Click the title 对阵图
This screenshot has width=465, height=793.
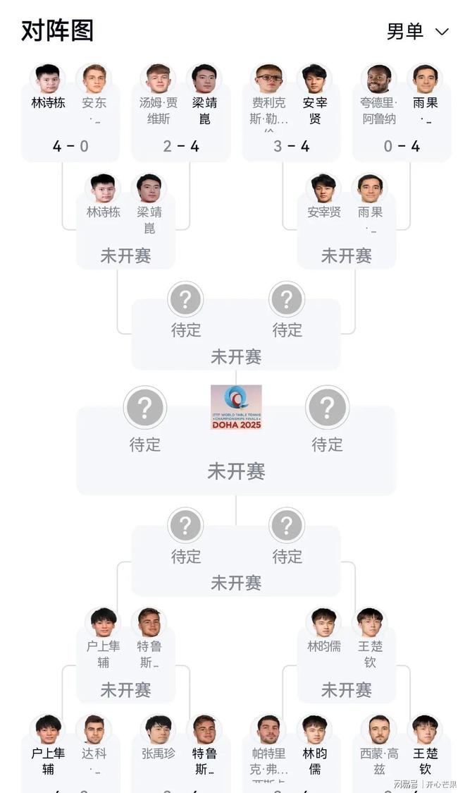(x=57, y=31)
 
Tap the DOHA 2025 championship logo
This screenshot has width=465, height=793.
(x=236, y=407)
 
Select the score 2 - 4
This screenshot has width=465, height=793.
(x=180, y=147)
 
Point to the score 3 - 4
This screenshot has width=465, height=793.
(x=291, y=147)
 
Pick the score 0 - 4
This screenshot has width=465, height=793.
(x=401, y=147)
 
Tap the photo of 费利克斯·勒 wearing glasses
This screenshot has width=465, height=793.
(x=268, y=79)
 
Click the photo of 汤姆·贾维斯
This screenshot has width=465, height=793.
(x=157, y=79)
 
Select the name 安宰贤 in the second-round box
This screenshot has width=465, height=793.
(x=324, y=212)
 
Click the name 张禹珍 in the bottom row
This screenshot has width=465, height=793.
(x=159, y=753)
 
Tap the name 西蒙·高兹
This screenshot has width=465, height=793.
(x=379, y=761)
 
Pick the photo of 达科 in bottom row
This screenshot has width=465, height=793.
(x=94, y=730)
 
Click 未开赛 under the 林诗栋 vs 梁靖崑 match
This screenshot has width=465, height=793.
(x=125, y=255)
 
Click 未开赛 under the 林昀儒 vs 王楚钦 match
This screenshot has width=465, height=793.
(x=346, y=689)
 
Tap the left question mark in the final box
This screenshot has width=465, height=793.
(x=145, y=408)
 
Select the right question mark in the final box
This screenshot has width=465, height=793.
(x=327, y=408)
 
